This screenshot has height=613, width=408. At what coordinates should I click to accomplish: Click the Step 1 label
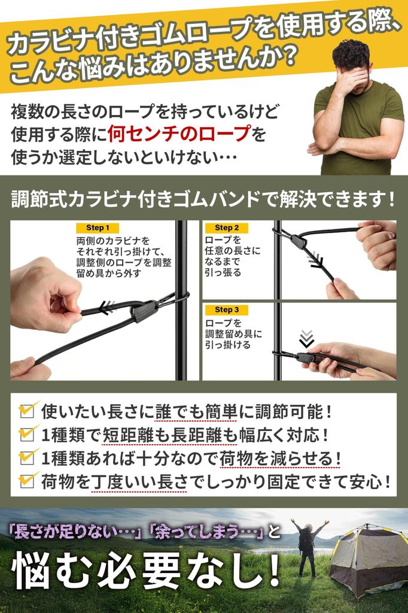98,227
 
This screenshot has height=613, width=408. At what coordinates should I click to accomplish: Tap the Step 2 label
227,227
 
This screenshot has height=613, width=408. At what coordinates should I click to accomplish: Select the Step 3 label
227,309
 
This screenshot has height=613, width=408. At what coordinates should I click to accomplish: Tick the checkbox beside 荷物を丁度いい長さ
27,481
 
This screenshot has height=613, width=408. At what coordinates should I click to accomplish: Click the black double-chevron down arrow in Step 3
307,339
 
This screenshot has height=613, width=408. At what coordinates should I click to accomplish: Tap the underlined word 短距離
127,435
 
